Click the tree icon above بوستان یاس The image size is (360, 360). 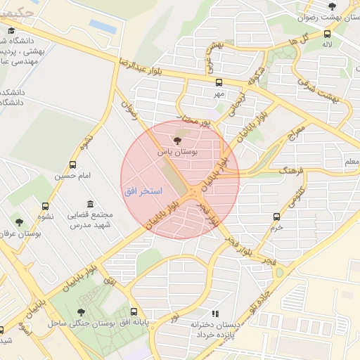point(176,141)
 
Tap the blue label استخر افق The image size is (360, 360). point(143,191)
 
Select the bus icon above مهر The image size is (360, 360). point(219,81)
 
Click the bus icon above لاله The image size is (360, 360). point(327,33)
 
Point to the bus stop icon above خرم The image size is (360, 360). point(277,217)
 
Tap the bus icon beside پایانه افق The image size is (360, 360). point(134,311)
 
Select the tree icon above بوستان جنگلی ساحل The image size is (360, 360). point(82,311)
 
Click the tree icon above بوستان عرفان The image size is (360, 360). point(19,221)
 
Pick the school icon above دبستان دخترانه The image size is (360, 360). point(214,314)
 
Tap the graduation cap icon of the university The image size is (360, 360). point(12,30)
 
